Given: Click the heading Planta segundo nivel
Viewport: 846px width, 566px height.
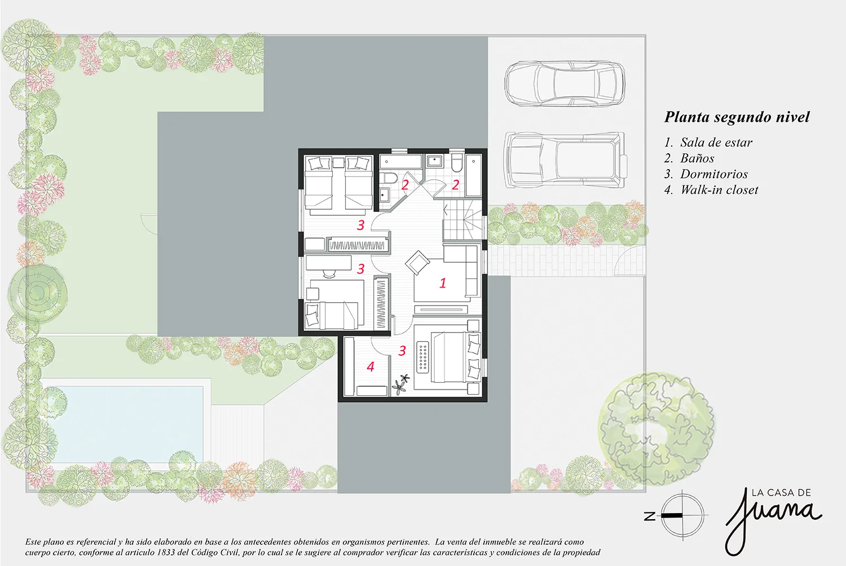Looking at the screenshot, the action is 737,117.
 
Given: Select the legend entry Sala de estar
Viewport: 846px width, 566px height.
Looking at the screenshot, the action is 716,143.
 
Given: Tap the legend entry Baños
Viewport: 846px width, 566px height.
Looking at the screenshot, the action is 697,158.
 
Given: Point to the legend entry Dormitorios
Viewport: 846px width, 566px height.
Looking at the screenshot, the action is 714,174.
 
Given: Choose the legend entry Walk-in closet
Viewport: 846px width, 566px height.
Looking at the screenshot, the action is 719,190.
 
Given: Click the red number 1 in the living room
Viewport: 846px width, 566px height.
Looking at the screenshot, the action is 443,283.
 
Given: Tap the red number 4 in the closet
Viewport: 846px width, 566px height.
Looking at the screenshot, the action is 370,366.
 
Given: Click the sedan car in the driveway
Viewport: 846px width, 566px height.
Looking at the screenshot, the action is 565,84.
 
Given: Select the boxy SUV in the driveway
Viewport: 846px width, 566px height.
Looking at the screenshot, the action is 566,160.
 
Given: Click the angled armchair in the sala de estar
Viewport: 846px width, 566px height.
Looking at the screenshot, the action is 417,262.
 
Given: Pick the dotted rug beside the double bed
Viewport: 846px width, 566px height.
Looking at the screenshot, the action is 423,357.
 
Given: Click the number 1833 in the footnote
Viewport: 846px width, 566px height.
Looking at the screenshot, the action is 165,552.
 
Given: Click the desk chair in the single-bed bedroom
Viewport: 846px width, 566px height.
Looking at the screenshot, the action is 330,273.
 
